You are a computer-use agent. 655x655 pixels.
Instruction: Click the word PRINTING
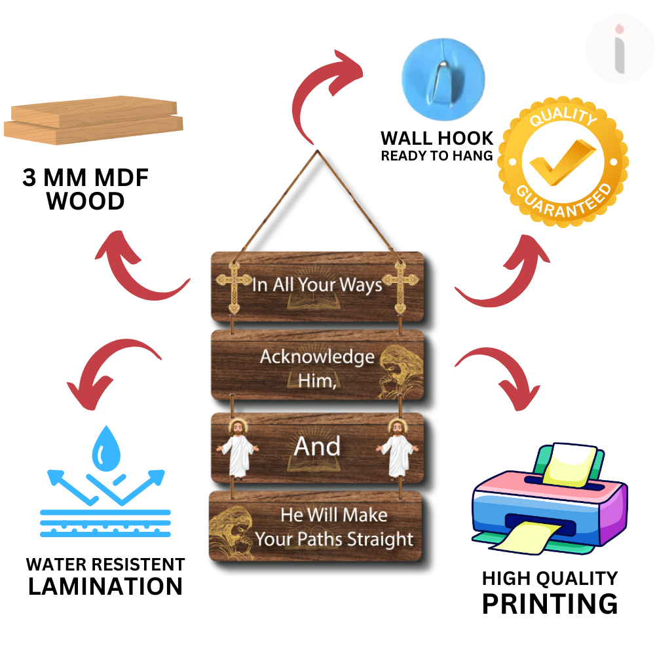coord(550,603)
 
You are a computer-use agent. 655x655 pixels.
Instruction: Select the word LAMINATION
coord(105,586)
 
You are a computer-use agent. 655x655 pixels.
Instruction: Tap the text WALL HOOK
coord(437,138)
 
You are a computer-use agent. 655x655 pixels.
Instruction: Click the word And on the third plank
coord(317,447)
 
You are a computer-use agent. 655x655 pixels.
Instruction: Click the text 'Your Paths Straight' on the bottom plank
coord(334,540)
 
